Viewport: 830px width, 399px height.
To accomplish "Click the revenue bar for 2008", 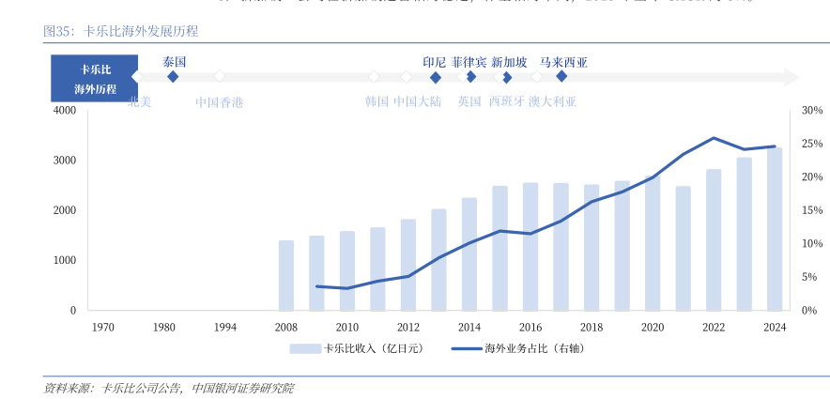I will tap(286, 275).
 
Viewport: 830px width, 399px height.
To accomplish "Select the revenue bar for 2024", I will tap(775, 229).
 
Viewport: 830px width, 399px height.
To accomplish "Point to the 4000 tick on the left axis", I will tap(65, 111).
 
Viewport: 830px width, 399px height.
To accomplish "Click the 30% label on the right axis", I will tap(812, 111).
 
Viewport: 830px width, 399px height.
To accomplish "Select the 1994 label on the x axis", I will tap(225, 327).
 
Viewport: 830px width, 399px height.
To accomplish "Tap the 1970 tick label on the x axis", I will tap(103, 327).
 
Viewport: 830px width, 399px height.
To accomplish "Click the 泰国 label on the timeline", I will tap(175, 61).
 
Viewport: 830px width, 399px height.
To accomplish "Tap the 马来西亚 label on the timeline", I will tap(563, 62).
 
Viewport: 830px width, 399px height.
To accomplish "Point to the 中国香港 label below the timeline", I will tap(219, 102).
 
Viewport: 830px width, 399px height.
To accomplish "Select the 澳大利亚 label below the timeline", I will tap(552, 102).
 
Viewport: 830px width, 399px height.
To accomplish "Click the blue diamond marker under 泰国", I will tap(173, 76).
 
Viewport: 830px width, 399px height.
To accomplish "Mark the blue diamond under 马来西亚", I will tap(561, 76).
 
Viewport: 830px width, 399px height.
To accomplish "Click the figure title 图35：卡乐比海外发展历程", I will tap(120, 31).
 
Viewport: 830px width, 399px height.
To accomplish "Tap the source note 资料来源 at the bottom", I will tap(169, 388).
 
